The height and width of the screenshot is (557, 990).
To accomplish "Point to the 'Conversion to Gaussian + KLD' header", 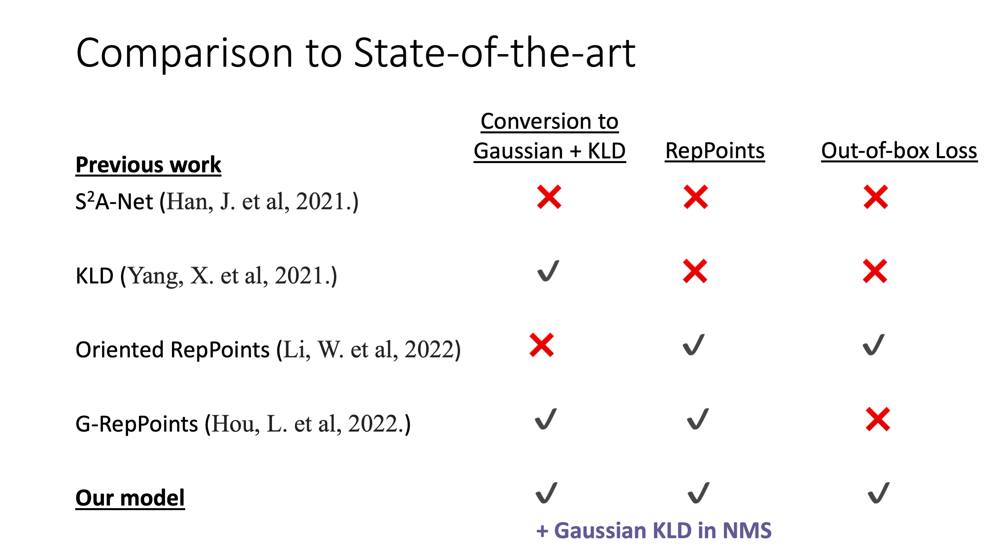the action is pos(550,136).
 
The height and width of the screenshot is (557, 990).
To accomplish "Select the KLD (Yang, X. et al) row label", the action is pos(206,276).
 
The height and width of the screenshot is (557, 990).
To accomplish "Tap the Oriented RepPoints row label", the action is pos(268,349).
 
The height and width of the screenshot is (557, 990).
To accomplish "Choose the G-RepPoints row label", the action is pos(243,424).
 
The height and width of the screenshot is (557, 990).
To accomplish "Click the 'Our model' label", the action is pos(130,498).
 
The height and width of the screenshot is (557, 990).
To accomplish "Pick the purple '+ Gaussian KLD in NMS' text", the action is pos(654,531).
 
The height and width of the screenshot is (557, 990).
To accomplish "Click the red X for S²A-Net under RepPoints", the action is pos(696,197).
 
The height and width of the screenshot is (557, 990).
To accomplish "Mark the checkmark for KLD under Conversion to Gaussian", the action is pos(548,271).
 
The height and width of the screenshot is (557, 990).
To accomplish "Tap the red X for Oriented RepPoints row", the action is pos(541,345).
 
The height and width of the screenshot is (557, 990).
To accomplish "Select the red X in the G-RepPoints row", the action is pos(878,419).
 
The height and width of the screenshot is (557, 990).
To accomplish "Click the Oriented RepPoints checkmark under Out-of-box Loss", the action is pos(873,345).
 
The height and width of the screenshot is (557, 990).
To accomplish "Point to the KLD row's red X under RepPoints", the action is pos(695,271).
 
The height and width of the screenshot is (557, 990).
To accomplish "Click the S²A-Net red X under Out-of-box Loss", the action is pos(875,197).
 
